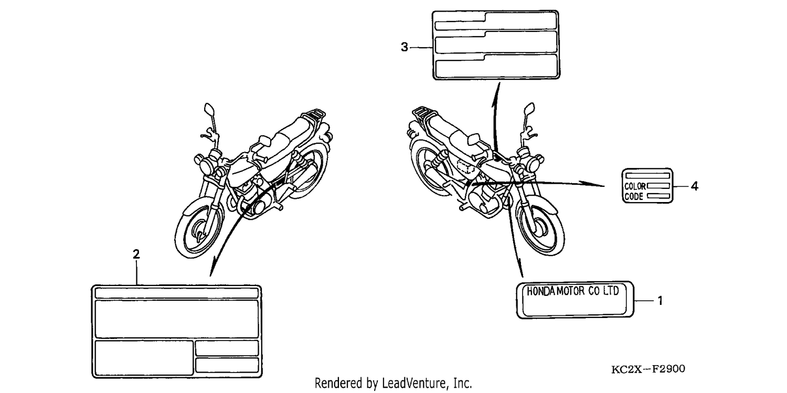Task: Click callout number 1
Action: tap(660, 301)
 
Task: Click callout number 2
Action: tap(136, 254)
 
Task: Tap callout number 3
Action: tap(405, 47)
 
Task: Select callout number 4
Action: tap(695, 186)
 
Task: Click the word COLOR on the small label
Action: tap(635, 186)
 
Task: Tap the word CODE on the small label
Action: tap(634, 197)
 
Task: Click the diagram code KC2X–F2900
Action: tap(648, 369)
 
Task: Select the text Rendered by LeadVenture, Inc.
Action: tap(393, 383)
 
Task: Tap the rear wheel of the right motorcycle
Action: tap(430, 165)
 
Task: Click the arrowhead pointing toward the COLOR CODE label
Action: tap(592, 184)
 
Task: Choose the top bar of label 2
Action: tap(177, 293)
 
